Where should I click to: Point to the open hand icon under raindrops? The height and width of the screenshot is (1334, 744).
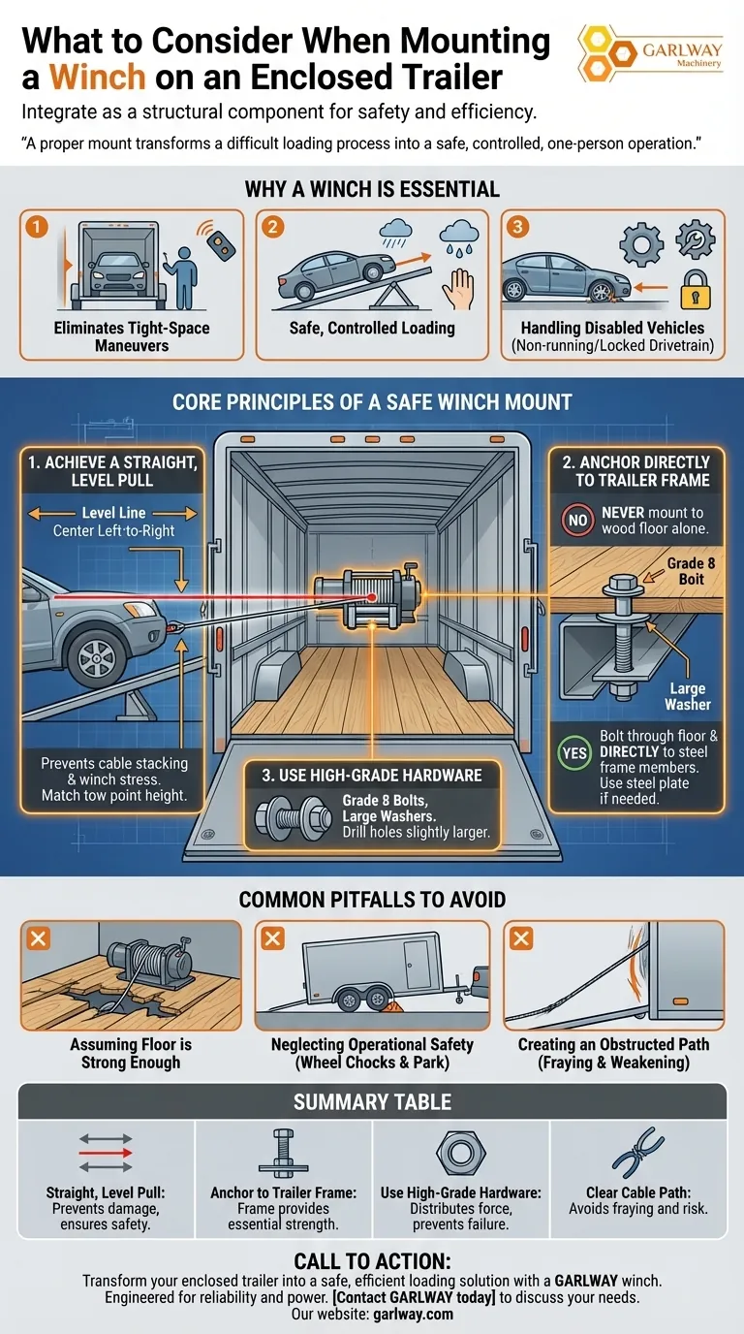463,288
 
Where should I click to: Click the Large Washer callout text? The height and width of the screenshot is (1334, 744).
688,697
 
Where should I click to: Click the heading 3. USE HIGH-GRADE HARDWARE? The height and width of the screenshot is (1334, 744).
373,775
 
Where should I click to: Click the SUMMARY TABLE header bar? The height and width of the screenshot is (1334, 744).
372,1102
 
